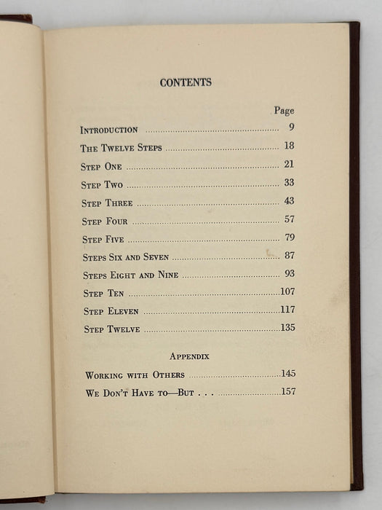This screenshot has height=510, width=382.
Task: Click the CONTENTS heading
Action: point(186,82)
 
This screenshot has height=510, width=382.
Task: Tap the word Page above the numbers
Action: point(284,111)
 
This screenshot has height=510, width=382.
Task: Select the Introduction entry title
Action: point(109,130)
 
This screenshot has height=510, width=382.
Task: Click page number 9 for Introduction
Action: point(290,129)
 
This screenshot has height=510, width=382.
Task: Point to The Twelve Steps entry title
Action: point(121,148)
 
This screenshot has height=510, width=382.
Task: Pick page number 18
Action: point(289,146)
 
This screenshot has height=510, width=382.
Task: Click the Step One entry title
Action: point(101,166)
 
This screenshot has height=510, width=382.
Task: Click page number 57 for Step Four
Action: point(289,219)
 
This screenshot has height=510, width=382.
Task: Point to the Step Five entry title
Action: point(103,239)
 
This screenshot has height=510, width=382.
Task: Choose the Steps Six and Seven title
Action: point(125,257)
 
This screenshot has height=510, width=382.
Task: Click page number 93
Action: point(289,274)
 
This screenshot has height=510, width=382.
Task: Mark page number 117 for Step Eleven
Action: point(287,310)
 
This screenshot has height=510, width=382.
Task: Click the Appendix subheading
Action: point(189,356)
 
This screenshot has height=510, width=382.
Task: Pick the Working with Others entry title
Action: point(135,375)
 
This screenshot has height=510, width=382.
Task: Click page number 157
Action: point(288,392)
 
